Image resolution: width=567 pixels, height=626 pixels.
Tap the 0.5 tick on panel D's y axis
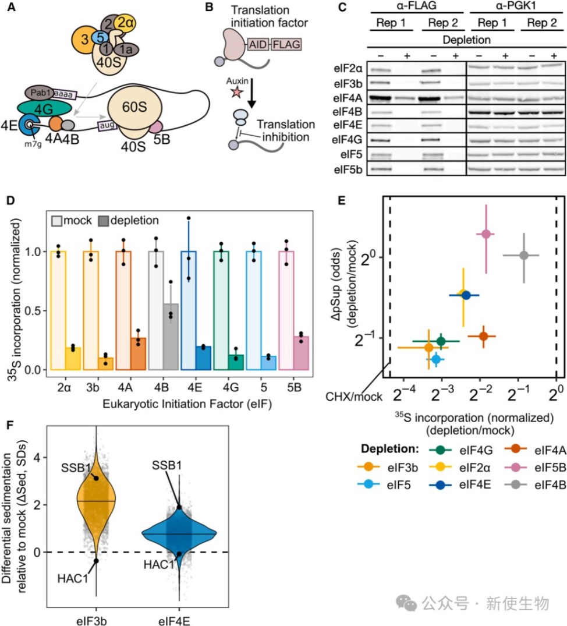coord(37,310)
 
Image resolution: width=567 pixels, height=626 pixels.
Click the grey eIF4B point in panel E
coord(524,255)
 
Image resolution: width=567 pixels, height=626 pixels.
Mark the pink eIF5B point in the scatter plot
coord(486,234)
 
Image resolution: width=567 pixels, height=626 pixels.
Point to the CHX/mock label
coord(357,397)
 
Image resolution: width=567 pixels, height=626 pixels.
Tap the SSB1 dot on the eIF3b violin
coord(95,478)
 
